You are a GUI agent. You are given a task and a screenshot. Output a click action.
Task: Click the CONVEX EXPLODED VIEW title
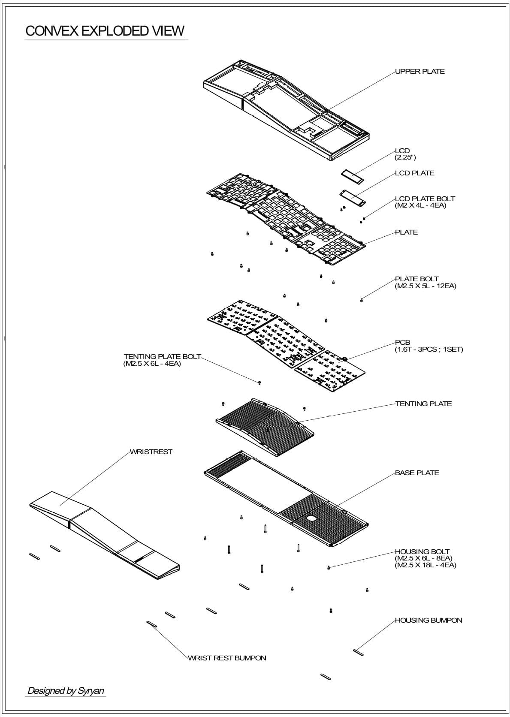(105, 31)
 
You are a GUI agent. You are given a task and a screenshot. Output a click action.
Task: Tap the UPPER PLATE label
(419, 72)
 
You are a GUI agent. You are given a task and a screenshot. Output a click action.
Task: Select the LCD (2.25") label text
(404, 154)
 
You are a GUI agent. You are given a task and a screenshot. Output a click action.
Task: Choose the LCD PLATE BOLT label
(425, 199)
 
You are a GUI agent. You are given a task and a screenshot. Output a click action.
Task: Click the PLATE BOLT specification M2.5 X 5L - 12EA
(425, 286)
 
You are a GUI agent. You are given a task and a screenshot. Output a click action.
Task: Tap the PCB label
(402, 343)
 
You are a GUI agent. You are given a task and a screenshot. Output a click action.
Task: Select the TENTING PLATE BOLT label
(162, 357)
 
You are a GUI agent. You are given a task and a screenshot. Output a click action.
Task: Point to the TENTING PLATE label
(423, 404)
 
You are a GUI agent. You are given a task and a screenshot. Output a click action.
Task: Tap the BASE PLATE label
(417, 473)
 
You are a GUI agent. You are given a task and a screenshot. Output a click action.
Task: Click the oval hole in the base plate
(311, 518)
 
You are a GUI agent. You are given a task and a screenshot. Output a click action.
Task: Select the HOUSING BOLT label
(422, 552)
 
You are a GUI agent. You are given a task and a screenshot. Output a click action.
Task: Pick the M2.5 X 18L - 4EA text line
(425, 565)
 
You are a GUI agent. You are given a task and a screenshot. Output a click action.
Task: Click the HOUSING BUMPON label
(428, 621)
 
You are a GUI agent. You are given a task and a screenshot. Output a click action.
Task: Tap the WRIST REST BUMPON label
(227, 658)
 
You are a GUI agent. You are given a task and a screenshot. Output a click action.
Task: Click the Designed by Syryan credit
(66, 691)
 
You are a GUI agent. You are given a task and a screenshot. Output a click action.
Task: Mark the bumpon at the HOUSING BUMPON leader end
(358, 652)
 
